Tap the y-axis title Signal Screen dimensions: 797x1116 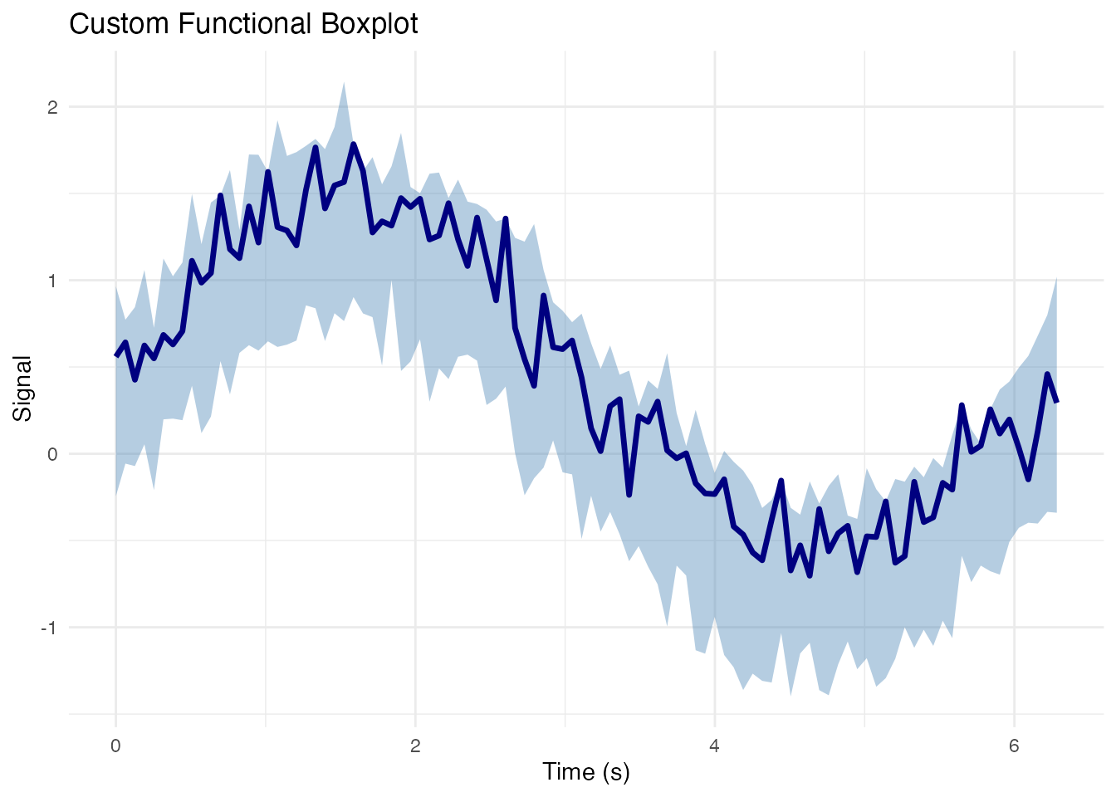22,389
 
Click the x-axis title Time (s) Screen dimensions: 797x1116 586,772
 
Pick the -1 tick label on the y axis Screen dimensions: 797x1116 49,628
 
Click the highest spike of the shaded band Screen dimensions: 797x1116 344,82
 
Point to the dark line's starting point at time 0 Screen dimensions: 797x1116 116,355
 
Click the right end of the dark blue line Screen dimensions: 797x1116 1056,402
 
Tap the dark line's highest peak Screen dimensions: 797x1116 354,144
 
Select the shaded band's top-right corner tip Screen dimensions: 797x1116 1056,278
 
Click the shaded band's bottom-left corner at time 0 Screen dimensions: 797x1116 116,496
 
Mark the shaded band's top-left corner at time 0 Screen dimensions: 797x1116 116,286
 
